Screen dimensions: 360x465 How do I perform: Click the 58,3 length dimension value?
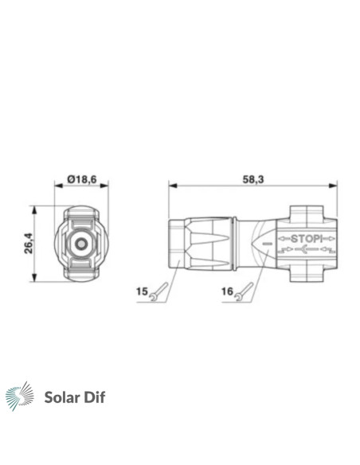point(253,179)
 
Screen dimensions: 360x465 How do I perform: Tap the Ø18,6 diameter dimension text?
point(82,179)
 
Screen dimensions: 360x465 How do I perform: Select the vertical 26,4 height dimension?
point(29,243)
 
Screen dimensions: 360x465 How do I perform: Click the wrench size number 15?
point(142,291)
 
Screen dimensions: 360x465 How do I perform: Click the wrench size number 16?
point(228,291)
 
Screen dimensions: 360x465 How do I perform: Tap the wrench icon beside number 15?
point(159,291)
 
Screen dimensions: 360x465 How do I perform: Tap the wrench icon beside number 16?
point(245,291)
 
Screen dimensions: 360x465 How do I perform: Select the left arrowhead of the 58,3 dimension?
point(173,186)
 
